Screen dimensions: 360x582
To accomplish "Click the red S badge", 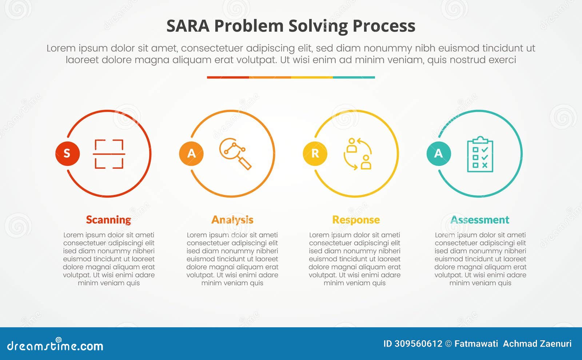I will pyautogui.click(x=67, y=153).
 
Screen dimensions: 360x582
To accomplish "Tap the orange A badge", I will pyautogui.click(x=191, y=153).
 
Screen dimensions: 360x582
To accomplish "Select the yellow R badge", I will pyautogui.click(x=315, y=153).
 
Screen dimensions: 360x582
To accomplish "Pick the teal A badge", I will pyautogui.click(x=439, y=153).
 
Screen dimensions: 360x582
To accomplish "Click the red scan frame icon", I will pyautogui.click(x=109, y=154).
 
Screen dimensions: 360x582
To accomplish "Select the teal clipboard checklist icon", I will pyautogui.click(x=480, y=154).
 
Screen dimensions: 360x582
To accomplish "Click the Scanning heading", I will pyautogui.click(x=108, y=220).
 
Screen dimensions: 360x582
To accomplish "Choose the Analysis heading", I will pyautogui.click(x=232, y=220).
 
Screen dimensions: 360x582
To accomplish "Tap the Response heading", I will pyautogui.click(x=356, y=220).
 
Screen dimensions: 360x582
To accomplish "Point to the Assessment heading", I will pyautogui.click(x=480, y=220).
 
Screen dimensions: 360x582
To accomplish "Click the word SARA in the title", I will pyautogui.click(x=188, y=26).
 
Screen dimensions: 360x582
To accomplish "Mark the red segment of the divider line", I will pyautogui.click(x=228, y=77).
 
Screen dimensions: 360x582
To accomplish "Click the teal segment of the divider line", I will pyautogui.click(x=354, y=77).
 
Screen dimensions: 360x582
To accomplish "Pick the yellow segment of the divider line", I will pyautogui.click(x=312, y=77).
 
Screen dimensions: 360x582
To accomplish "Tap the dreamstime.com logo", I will pyautogui.click(x=55, y=345).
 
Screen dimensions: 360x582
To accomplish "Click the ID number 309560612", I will pyautogui.click(x=418, y=344).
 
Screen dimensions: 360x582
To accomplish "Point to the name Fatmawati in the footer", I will pyautogui.click(x=476, y=344).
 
